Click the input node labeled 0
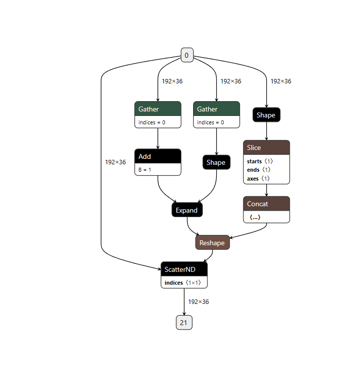186,55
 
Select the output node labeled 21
184,323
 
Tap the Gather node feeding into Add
158,109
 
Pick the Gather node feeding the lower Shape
216,109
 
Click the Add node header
158,156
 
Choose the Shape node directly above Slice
266,115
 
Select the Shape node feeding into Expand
216,162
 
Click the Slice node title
266,148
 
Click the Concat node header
266,204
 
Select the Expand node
187,210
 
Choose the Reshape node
212,243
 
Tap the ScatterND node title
184,269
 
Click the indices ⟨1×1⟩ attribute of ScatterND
184,283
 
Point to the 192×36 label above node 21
199,301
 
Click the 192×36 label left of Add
116,162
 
